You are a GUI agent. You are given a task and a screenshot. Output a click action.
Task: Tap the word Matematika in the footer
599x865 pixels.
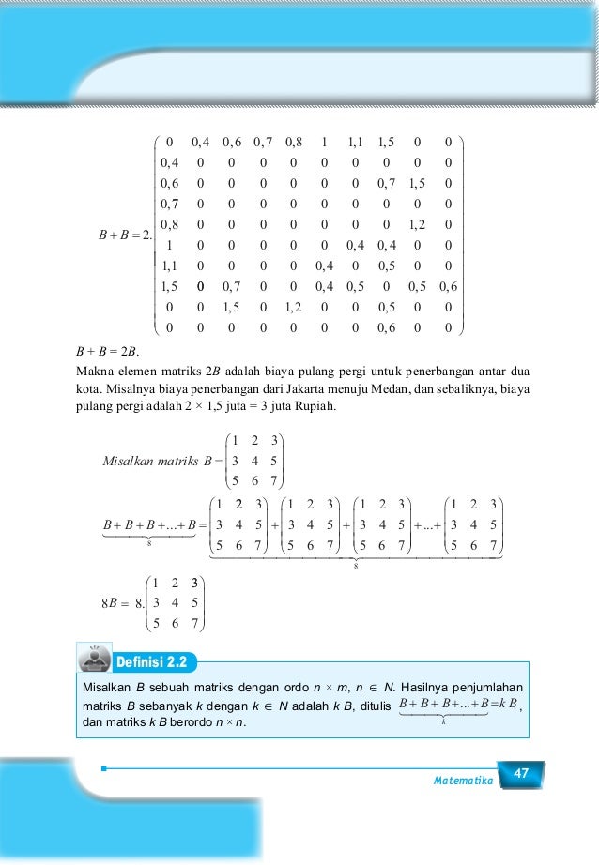[463, 780]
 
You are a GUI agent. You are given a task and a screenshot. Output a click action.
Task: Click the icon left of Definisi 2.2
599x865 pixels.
[93, 660]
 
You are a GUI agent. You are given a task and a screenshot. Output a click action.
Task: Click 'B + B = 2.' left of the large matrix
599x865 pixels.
[119, 235]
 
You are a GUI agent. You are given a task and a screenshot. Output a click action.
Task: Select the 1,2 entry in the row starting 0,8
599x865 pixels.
[417, 224]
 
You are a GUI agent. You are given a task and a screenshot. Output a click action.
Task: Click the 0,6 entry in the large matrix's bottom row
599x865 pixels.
[386, 328]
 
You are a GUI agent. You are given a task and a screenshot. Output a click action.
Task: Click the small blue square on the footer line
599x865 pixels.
[105, 769]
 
